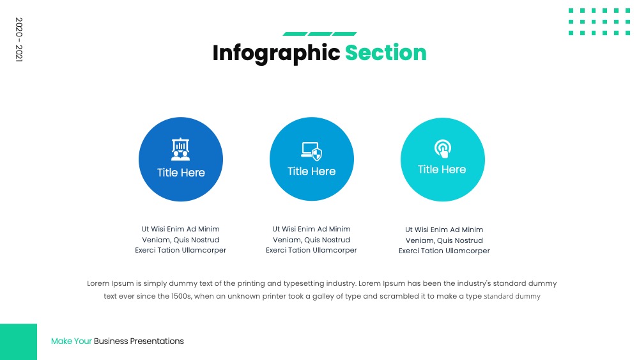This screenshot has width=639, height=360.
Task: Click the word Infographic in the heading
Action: [x=276, y=54]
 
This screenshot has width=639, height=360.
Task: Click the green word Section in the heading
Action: [x=385, y=52]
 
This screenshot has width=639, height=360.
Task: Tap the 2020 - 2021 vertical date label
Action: [x=19, y=40]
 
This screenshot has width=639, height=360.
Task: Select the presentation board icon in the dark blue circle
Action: [x=181, y=149]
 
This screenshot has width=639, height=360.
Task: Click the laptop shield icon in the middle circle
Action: [x=312, y=152]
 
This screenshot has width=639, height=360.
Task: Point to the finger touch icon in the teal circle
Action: [x=443, y=148]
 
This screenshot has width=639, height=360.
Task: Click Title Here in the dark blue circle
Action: [x=181, y=173]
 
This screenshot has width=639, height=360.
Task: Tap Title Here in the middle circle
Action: [x=311, y=171]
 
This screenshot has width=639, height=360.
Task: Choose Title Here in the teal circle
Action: [x=442, y=169]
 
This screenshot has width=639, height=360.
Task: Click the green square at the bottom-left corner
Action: [x=19, y=341]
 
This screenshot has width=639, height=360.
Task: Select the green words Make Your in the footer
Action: [x=72, y=341]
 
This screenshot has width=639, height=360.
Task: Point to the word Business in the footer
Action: [x=111, y=341]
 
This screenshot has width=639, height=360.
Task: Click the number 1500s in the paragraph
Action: [x=181, y=296]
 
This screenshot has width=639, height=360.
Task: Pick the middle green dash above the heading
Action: [x=320, y=34]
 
